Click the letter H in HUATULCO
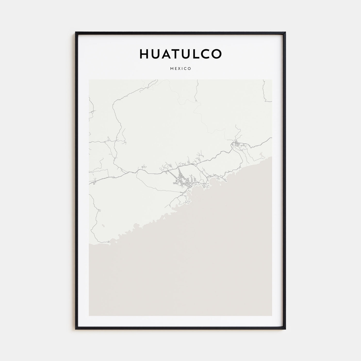144,54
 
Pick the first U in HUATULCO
155,54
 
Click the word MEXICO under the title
180,69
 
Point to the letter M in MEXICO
171,69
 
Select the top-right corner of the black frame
285,32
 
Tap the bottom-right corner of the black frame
285,329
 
